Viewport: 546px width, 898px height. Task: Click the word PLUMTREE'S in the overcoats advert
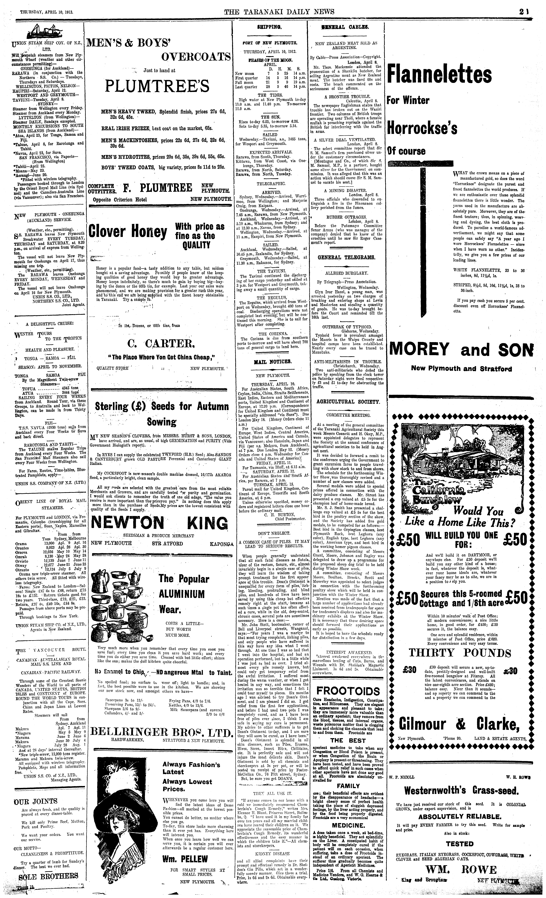[157, 86]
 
